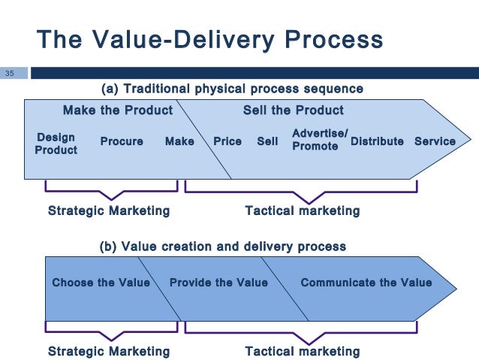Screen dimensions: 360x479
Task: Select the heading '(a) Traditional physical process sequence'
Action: tap(232, 89)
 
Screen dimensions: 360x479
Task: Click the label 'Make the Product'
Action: tap(117, 110)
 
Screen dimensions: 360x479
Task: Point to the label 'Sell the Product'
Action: tap(293, 110)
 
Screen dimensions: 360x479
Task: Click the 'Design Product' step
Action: tap(56, 144)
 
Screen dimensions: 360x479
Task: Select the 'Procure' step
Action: tap(122, 141)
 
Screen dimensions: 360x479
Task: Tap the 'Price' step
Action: tap(227, 141)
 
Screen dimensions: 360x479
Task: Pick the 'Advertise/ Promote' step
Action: tap(319, 140)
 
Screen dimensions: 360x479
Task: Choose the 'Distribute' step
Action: tap(377, 141)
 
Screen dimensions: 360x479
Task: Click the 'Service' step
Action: tap(435, 141)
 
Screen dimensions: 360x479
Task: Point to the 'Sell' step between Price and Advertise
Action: tap(267, 141)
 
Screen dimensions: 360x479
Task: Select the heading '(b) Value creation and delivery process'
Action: tap(223, 246)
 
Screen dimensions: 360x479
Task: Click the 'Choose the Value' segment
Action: tap(101, 283)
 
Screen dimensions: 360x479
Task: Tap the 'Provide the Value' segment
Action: tap(218, 283)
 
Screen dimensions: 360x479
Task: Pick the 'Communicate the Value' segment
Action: tap(366, 283)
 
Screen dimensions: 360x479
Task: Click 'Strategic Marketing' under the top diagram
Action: tap(109, 210)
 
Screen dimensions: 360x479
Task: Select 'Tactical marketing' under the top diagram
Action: tap(303, 210)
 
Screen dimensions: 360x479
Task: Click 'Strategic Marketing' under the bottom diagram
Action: tap(109, 351)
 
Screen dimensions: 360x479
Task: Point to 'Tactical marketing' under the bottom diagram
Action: tap(303, 351)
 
